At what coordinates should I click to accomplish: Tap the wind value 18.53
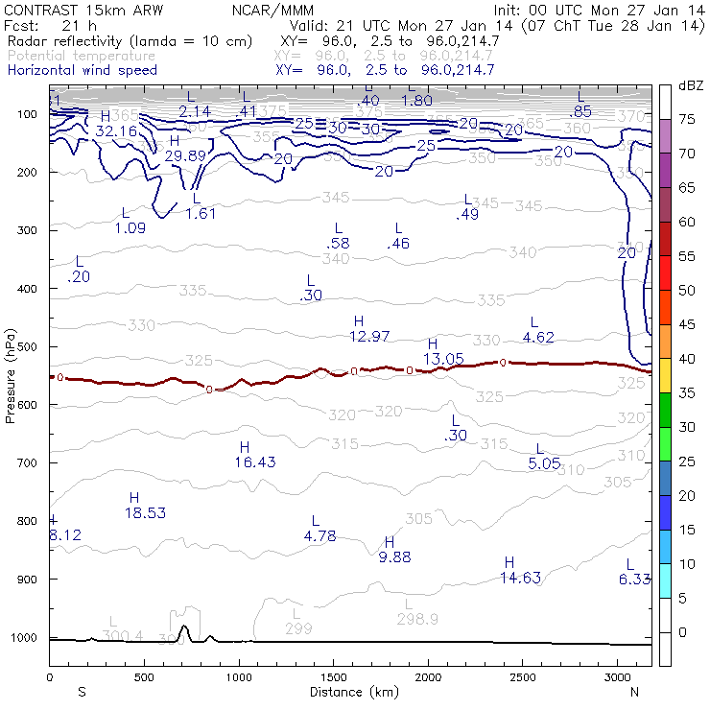click(145, 513)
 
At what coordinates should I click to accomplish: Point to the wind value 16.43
click(254, 462)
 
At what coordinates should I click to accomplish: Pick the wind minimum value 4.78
click(319, 536)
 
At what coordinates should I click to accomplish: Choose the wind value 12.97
click(369, 336)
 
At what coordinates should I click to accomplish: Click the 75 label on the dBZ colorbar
click(687, 119)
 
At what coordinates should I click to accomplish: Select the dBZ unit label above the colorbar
click(690, 85)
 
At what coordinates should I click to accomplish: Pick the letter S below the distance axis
click(83, 692)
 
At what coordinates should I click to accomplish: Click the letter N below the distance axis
click(634, 692)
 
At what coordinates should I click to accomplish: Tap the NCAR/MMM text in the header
click(273, 10)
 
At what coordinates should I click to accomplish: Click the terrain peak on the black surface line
click(185, 629)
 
